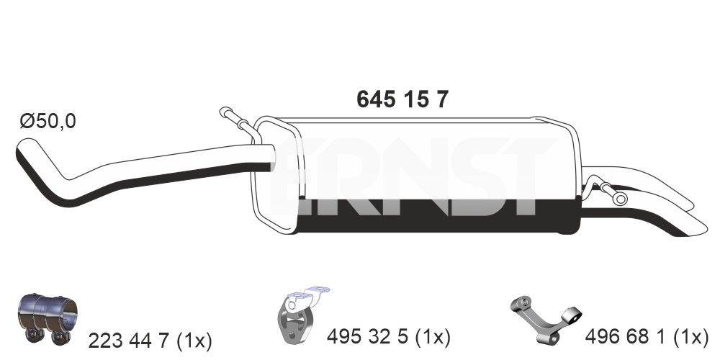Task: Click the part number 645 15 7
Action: point(402,99)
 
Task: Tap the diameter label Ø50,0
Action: point(48,122)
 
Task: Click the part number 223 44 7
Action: point(128,338)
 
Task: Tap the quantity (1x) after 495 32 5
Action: point(432,336)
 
